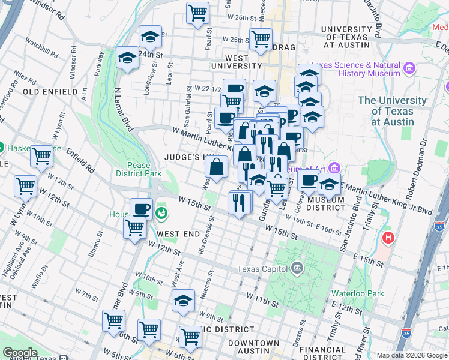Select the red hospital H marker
[x=388, y=238]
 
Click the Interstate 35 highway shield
[x=441, y=227]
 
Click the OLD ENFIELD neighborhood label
[x=50, y=92]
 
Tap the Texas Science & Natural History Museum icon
[x=410, y=68]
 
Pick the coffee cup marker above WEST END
[x=141, y=209]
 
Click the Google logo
[x=20, y=353]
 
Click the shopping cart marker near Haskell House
[x=41, y=156]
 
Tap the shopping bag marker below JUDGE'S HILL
[x=217, y=166]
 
